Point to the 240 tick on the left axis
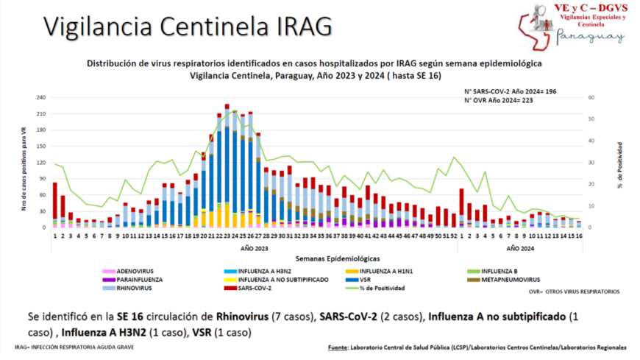40,97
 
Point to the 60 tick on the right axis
591,97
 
